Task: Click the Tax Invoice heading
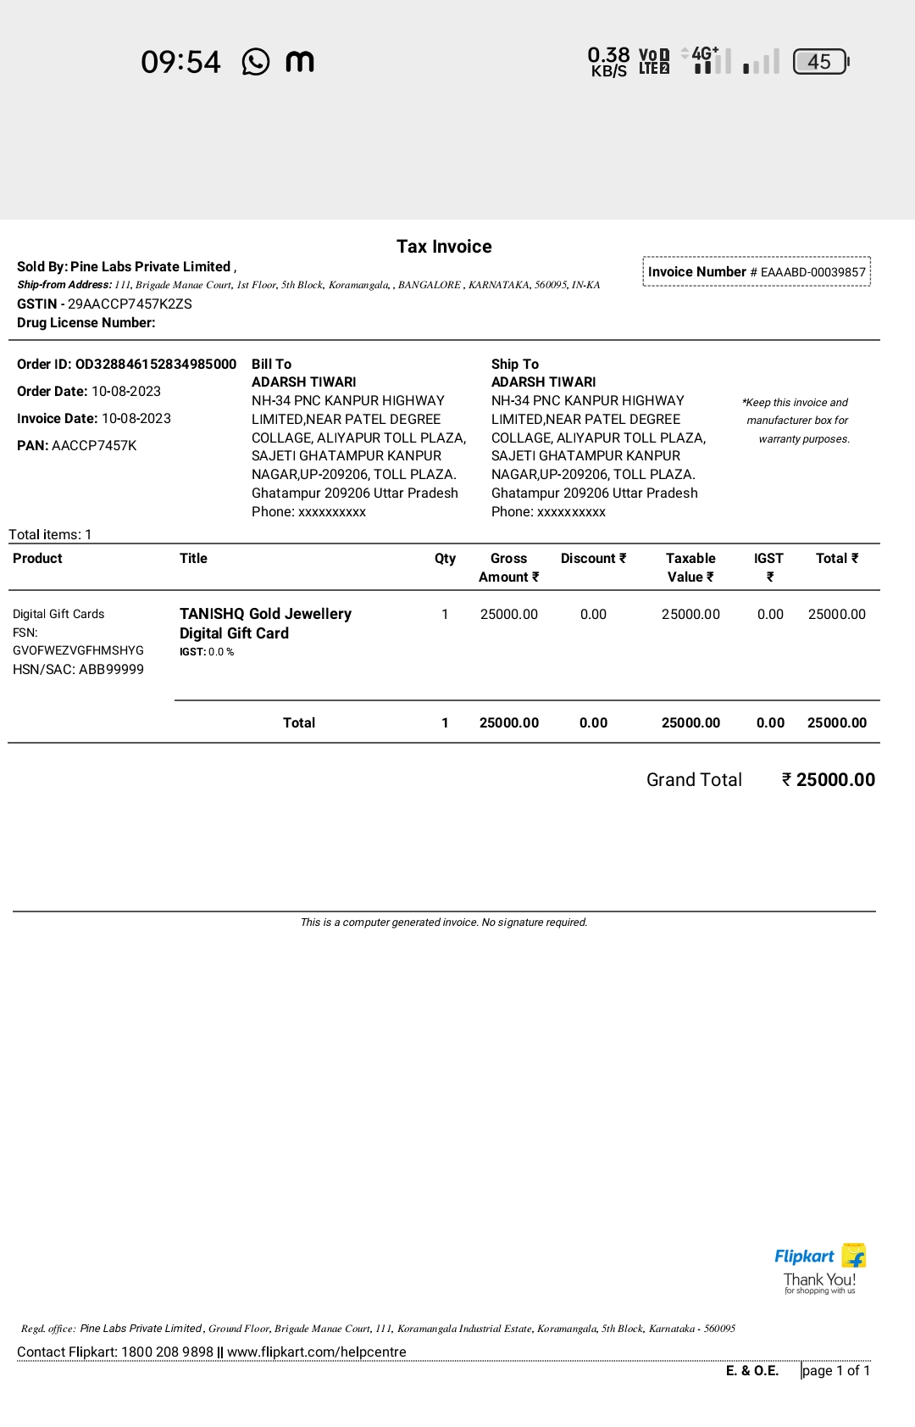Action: pos(444,247)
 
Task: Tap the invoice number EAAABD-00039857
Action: pos(812,272)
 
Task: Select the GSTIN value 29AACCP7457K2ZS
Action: pos(130,304)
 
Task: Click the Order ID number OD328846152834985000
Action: pos(156,365)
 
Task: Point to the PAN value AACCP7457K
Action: pos(94,446)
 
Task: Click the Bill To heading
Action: pos(271,365)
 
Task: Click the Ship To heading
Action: pos(515,365)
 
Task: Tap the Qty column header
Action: pos(445,559)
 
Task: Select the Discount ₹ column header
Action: pos(593,559)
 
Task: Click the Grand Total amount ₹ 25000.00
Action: pos(829,780)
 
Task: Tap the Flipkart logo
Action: pos(819,1257)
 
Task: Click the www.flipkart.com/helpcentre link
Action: pos(317,1352)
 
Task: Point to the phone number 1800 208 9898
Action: pos(167,1352)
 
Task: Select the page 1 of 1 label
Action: pos(836,1371)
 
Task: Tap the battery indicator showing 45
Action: pos(820,62)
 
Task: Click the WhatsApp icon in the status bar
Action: pos(256,62)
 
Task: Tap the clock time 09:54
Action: pos(180,62)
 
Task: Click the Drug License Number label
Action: pos(86,323)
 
